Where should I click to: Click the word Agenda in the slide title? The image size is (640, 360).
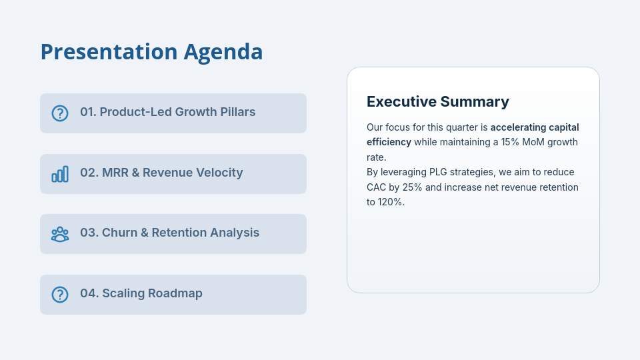[223, 52]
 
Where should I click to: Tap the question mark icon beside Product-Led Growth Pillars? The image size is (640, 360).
[60, 113]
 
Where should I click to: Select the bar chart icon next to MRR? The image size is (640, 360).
[60, 174]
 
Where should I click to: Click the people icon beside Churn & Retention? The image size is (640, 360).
[60, 234]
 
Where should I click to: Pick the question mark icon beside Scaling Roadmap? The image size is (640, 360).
[60, 294]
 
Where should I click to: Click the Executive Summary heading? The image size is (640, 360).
[437, 101]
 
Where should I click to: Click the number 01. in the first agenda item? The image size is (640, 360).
[88, 112]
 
